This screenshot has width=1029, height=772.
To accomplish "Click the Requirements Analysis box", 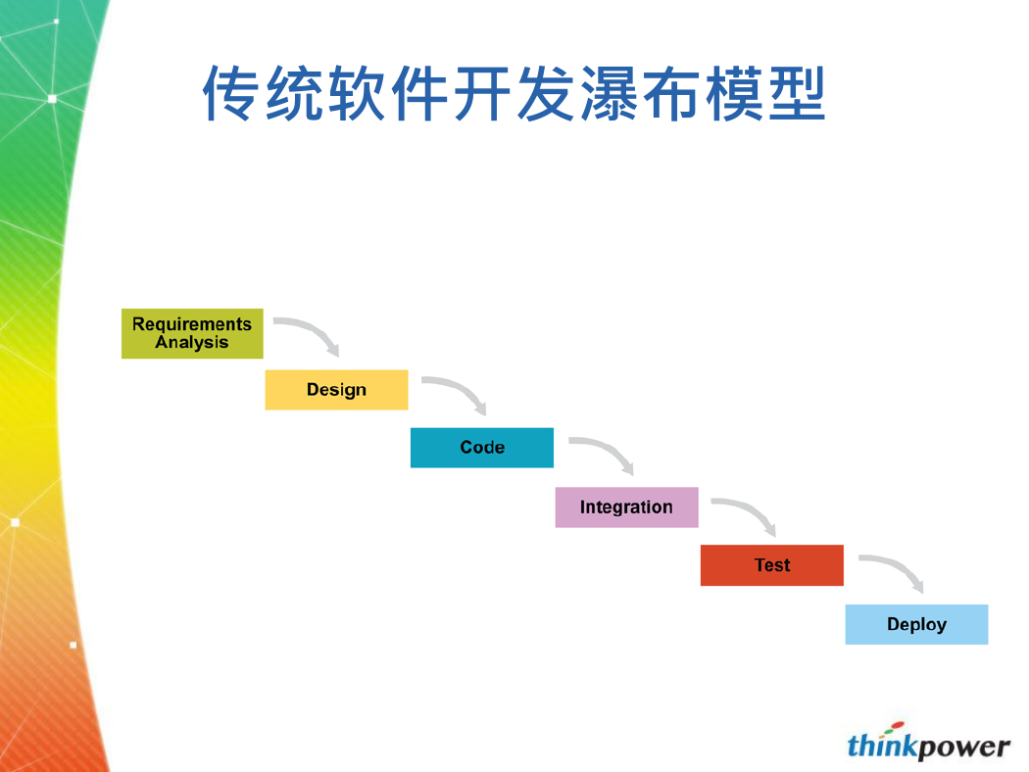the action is point(192,333).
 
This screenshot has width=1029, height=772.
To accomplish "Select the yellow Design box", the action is point(337,390).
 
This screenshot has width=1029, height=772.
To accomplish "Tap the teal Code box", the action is point(482,448).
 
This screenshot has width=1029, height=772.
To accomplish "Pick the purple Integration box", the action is point(627,507).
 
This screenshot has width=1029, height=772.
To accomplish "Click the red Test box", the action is point(772,564).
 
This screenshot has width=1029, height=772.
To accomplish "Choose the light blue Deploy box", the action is point(916,624).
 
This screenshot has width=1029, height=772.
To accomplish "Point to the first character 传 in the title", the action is point(229,93).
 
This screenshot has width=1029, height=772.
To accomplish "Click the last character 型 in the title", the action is point(798,93).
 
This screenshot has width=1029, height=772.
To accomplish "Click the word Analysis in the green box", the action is point(192,342).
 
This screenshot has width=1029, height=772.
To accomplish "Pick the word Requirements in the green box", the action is point(192,324).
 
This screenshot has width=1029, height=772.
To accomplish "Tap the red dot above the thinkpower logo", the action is point(898,725).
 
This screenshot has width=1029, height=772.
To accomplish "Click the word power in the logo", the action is point(963,748).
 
